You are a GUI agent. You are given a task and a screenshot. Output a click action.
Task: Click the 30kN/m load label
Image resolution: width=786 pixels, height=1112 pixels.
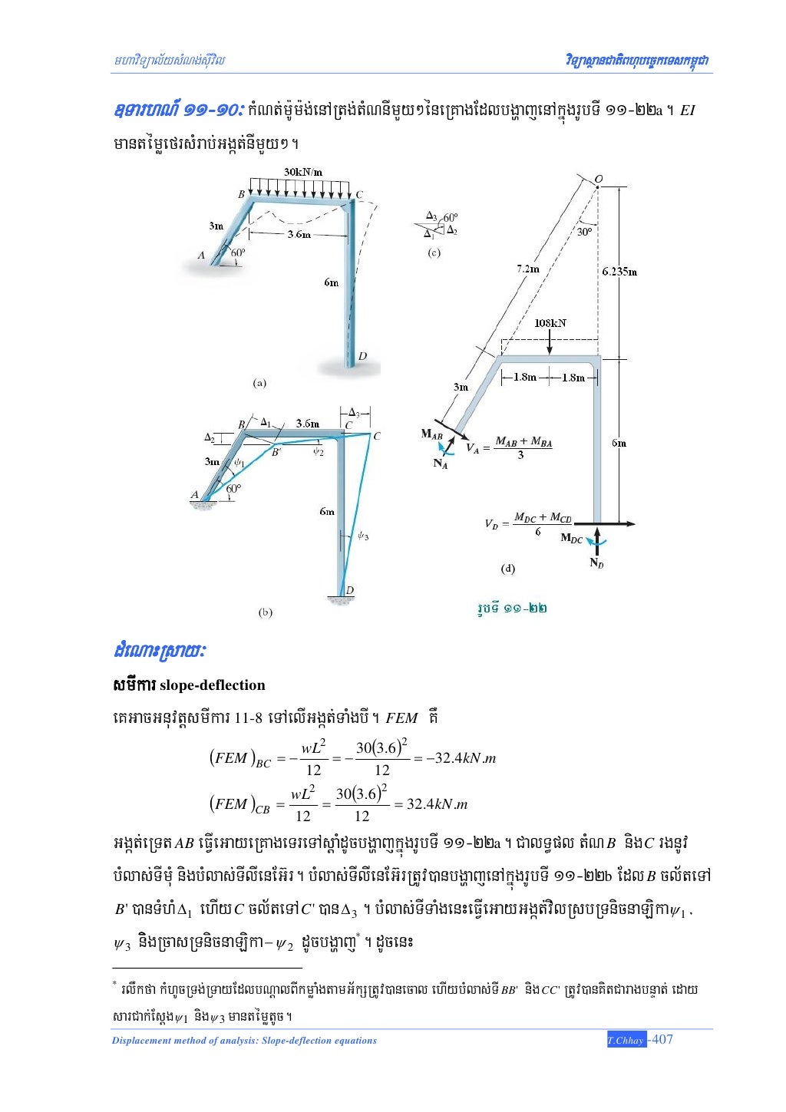(x=302, y=172)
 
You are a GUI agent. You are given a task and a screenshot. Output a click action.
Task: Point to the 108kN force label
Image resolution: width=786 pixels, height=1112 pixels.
(x=550, y=323)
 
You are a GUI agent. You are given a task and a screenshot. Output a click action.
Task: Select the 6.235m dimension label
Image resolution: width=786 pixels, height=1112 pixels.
(x=619, y=271)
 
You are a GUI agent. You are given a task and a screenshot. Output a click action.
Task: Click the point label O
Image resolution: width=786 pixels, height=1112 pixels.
(x=599, y=179)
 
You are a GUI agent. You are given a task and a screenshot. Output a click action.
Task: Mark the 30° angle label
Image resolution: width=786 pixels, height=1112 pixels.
(x=584, y=231)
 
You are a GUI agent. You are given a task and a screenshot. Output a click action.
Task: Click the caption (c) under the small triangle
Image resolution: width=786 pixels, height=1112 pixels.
(x=434, y=252)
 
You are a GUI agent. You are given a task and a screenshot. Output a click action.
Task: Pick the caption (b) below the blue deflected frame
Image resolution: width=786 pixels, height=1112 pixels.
(x=266, y=612)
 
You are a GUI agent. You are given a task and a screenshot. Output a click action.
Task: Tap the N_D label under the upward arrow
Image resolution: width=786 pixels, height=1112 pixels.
(x=596, y=563)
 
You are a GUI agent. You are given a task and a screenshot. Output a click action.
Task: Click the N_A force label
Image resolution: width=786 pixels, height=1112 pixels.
(x=440, y=464)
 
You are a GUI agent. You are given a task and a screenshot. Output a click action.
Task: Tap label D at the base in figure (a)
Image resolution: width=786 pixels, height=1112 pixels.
(x=362, y=356)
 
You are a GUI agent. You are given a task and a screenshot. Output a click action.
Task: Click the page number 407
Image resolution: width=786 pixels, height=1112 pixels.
(x=661, y=1040)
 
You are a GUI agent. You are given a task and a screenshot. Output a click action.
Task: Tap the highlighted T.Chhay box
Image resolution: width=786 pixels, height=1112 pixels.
(x=626, y=1041)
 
